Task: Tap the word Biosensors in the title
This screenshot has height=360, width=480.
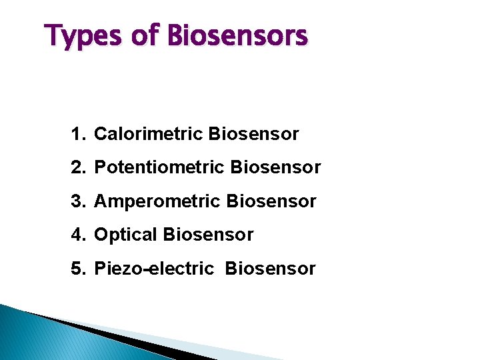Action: (x=239, y=35)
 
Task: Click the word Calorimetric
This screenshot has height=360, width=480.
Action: (x=149, y=134)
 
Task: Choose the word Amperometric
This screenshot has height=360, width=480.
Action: (x=157, y=201)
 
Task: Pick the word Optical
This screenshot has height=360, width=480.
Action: (x=126, y=235)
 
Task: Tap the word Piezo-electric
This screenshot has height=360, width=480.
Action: (x=154, y=269)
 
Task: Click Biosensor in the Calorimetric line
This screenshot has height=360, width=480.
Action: (x=253, y=134)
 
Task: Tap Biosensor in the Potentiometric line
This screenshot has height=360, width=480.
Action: (x=275, y=167)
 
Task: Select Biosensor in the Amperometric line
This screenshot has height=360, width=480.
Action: (x=271, y=201)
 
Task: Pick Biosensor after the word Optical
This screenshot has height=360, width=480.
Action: (x=208, y=235)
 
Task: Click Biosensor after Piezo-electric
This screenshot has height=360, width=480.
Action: (x=270, y=269)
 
